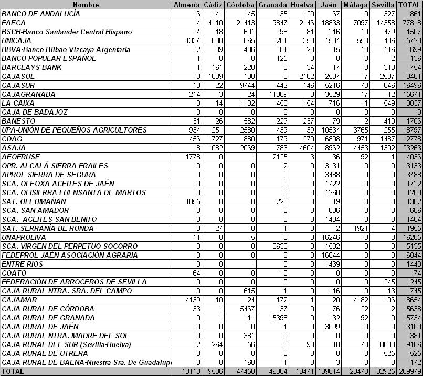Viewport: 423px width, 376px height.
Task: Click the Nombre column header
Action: [86, 5]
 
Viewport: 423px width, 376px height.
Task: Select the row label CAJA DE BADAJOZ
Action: [35, 112]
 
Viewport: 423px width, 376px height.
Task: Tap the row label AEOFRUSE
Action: [19, 157]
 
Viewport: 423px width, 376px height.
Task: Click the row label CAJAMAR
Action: [17, 299]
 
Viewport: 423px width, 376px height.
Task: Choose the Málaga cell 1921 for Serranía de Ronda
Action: [356, 228]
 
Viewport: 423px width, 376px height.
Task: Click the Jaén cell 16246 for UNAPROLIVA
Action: [329, 237]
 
